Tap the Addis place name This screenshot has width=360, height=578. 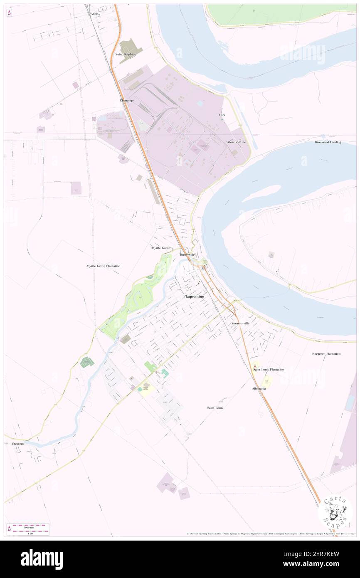(94, 14)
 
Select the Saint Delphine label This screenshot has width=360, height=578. (126, 54)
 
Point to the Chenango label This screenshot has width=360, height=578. (126, 101)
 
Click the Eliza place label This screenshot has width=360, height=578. (222, 115)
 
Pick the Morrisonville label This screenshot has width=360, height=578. (237, 142)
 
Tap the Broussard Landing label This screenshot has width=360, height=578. (328, 142)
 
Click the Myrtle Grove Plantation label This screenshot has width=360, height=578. (103, 266)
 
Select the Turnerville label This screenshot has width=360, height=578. (187, 254)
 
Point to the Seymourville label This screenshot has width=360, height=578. (240, 323)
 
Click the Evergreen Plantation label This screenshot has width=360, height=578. (326, 354)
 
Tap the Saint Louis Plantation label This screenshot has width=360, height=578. (269, 369)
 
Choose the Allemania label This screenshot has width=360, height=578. (259, 388)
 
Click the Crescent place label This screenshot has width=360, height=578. (18, 444)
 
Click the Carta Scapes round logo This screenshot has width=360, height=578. (335, 512)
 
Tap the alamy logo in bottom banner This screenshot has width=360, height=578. (42, 559)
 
